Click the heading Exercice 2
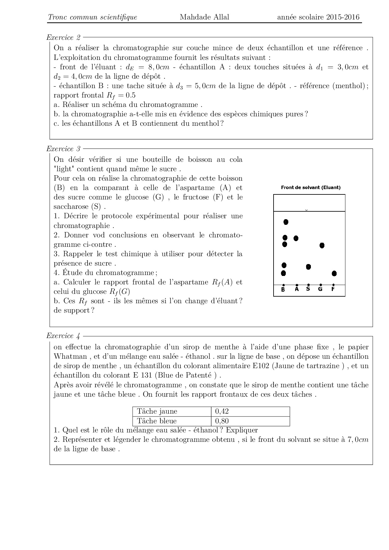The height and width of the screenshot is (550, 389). (x=63, y=38)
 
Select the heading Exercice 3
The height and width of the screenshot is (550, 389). (x=63, y=149)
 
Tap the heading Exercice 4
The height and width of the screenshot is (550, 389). (x=63, y=336)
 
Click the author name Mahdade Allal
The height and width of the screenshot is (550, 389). (x=204, y=17)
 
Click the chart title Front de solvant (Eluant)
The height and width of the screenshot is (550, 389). (x=311, y=188)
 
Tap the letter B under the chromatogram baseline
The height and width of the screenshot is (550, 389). (x=283, y=290)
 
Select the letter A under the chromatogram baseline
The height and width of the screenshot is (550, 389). (x=297, y=289)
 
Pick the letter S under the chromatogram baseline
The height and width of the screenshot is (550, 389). (x=308, y=289)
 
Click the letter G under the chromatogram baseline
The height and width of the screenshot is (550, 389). (x=320, y=289)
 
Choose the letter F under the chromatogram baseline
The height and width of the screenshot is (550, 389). (x=333, y=289)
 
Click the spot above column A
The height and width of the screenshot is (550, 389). (x=296, y=238)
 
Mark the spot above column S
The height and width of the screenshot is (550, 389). (x=308, y=267)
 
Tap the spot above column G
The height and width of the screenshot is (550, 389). (x=322, y=245)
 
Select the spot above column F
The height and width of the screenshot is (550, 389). (x=334, y=273)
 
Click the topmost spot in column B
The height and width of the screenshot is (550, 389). (x=286, y=222)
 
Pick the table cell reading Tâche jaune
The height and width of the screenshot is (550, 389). (x=157, y=411)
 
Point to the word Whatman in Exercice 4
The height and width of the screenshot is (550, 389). (x=70, y=357)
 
